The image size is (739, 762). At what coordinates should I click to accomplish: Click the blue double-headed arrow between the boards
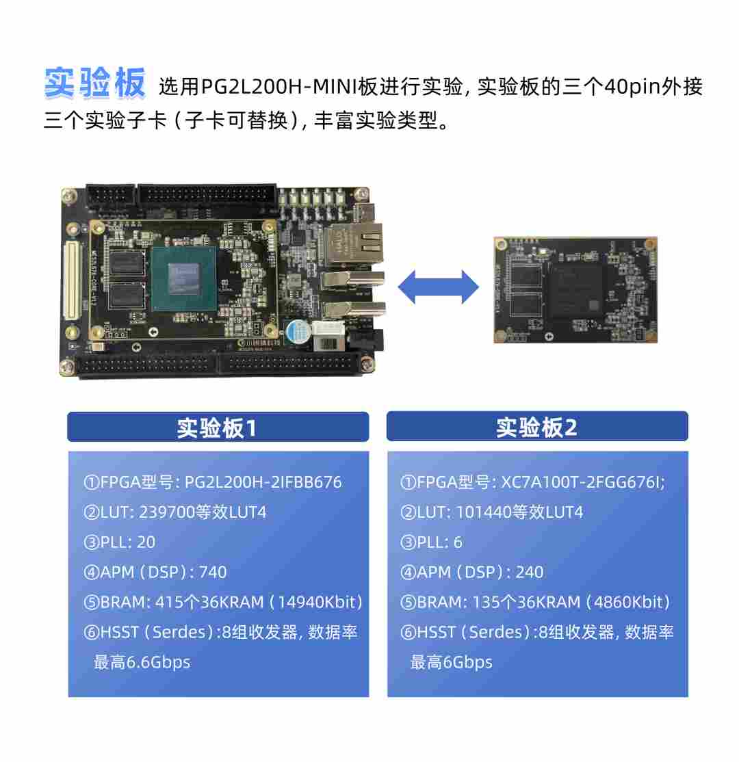(439, 287)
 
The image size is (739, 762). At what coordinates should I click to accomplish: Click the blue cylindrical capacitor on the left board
(298, 332)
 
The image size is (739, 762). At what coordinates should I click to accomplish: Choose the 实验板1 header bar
(218, 428)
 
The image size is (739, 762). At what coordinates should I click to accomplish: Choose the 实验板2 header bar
(537, 428)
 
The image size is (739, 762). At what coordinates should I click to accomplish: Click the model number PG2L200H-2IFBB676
(263, 482)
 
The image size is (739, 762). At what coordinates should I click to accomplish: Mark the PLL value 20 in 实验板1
(146, 542)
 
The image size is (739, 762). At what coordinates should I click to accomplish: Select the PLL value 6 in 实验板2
(458, 542)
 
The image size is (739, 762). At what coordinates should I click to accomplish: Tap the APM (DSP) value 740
(212, 573)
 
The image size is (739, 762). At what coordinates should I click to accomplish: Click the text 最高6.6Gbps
(142, 662)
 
